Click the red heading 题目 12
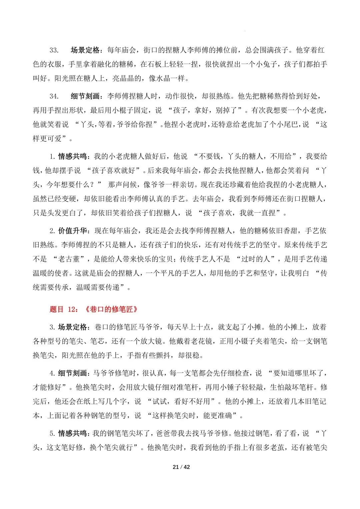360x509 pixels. tap(63, 309)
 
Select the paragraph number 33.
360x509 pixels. tap(54, 50)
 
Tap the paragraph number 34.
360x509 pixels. tap(54, 96)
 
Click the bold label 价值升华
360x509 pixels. tap(73, 231)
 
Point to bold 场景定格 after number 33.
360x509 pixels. tap(85, 50)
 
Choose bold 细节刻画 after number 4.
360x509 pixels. tap(73, 373)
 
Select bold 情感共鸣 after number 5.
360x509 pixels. tap(73, 433)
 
